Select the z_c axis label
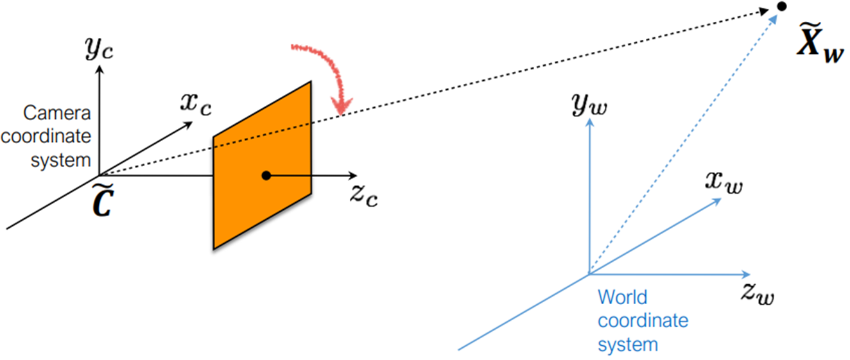(363, 196)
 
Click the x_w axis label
(724, 184)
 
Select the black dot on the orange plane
(266, 175)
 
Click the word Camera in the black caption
(57, 114)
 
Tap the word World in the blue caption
(623, 298)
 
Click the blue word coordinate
(643, 321)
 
